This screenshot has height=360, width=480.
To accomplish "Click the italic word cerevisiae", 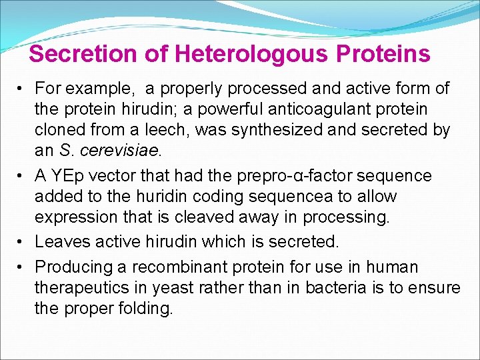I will pyautogui.click(x=120, y=151).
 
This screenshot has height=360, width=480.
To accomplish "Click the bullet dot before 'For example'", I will pyautogui.click(x=22, y=88).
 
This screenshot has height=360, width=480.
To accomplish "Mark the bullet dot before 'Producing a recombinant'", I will pyautogui.click(x=22, y=267).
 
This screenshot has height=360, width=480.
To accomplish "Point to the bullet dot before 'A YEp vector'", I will pyautogui.click(x=22, y=176).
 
